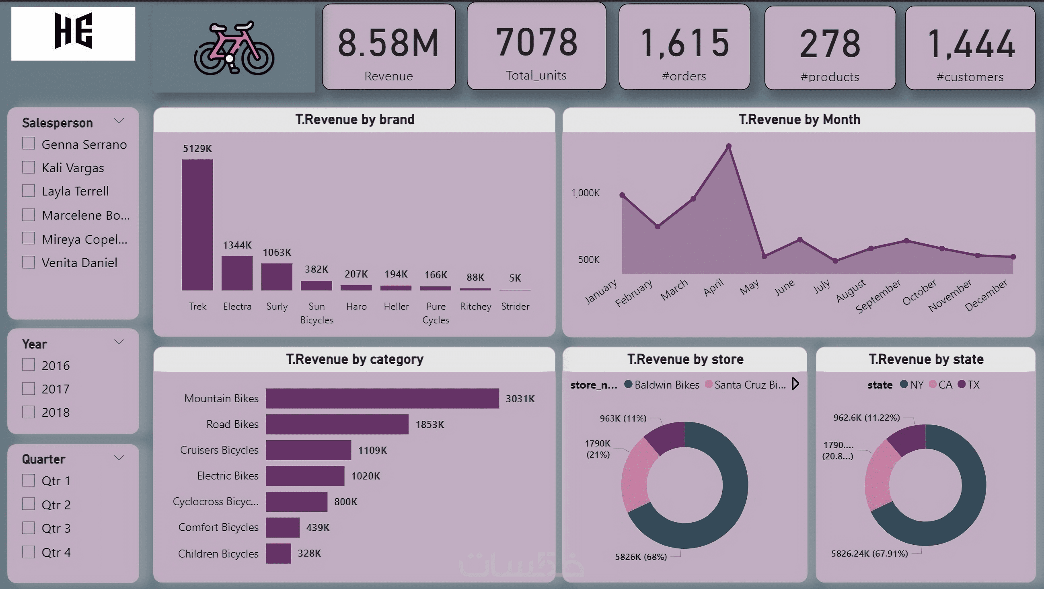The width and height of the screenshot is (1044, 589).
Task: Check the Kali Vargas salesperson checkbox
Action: pos(29,167)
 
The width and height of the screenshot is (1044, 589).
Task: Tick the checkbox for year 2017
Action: pos(29,389)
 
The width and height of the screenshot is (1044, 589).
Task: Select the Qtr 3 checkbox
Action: pos(29,528)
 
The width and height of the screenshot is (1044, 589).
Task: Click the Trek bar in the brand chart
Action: pos(197,224)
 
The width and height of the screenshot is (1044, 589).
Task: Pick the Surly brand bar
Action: pos(276,276)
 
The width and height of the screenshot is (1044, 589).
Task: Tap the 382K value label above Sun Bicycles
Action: pos(316,269)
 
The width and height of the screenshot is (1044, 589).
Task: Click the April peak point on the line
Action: pos(729,146)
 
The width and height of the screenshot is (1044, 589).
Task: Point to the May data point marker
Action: pos(765,256)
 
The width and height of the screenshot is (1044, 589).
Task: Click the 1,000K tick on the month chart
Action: pos(585,193)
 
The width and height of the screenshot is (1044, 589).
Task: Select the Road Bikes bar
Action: pos(337,424)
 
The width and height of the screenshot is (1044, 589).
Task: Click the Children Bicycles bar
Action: pos(278,553)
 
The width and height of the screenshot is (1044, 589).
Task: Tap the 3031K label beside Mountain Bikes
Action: pos(520,399)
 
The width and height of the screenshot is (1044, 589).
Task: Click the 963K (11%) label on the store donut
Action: pos(623,418)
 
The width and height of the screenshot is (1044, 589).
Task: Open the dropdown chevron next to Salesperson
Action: pos(119,121)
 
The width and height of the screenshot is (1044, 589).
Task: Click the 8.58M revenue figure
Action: pos(388,43)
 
